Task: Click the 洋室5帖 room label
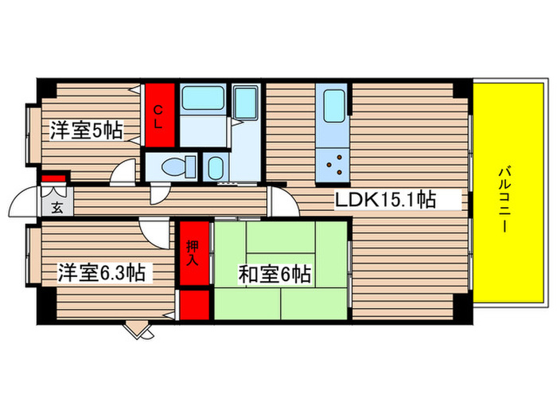87,130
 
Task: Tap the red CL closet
158,115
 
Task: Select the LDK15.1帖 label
385,200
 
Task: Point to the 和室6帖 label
274,275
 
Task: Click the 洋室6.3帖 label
100,273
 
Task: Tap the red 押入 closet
193,253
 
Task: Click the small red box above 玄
53,178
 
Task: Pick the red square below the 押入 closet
193,305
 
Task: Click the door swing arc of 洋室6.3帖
151,231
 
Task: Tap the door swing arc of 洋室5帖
124,173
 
